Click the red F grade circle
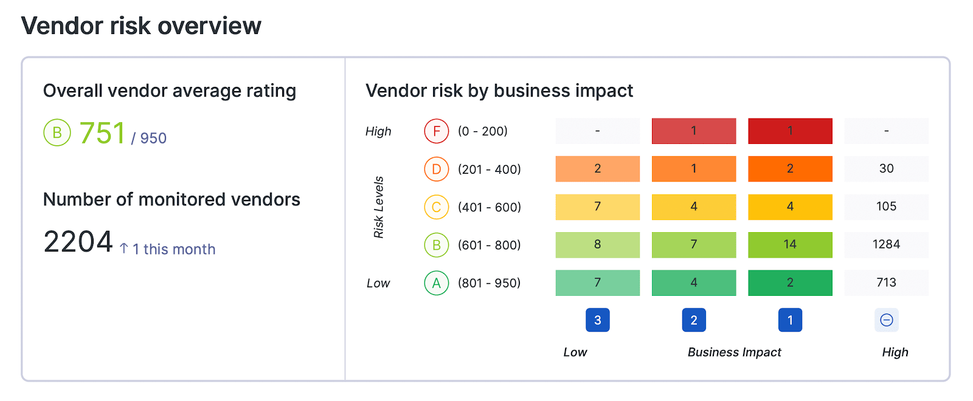coord(436,131)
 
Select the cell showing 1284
coord(886,244)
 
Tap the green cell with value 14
coord(790,244)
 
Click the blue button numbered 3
coord(597,320)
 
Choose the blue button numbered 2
coord(694,320)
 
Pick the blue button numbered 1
coord(790,320)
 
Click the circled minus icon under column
coord(886,320)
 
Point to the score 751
coord(102,134)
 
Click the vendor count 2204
coord(78,242)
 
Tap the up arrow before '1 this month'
coord(124,249)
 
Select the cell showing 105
coord(886,207)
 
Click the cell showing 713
coord(886,283)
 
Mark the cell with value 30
coord(886,169)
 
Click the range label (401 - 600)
coord(489,207)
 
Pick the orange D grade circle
coord(436,170)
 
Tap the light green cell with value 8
coord(597,244)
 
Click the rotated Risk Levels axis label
coord(378,207)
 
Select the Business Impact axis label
coord(734,352)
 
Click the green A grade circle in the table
coord(436,283)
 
